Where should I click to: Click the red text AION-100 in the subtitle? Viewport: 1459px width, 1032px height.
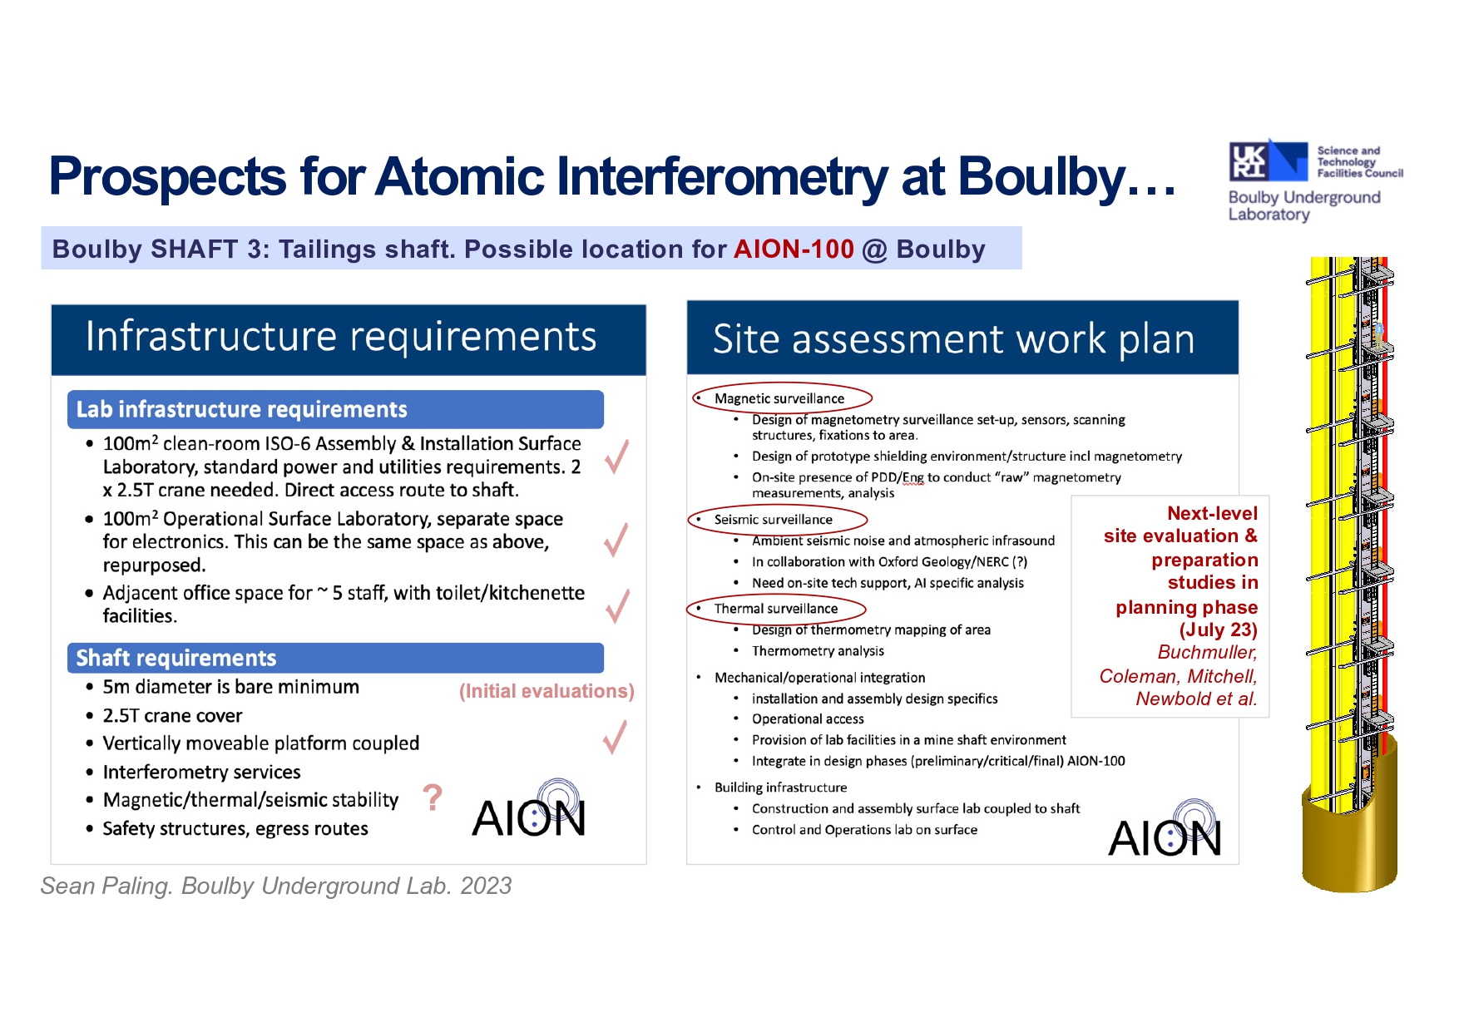pyautogui.click(x=794, y=249)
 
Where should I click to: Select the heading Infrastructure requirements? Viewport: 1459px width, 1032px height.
pyautogui.click(x=341, y=337)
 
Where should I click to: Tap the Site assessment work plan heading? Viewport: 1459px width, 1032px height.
pyautogui.click(x=953, y=339)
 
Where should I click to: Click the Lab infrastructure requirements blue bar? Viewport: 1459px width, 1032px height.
pyautogui.click(x=335, y=409)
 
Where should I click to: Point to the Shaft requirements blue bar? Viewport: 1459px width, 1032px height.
pyautogui.click(x=335, y=658)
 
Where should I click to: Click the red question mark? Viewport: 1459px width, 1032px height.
pyautogui.click(x=433, y=797)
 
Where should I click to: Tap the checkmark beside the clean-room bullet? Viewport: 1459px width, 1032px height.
pyautogui.click(x=616, y=456)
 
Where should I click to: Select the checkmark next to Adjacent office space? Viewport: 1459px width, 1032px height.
pyautogui.click(x=616, y=605)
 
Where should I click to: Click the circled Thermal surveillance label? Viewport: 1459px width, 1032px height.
pyautogui.click(x=776, y=609)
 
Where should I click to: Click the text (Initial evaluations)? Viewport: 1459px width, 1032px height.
pyautogui.click(x=547, y=691)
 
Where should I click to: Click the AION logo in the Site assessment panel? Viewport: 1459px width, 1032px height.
pyautogui.click(x=1165, y=829)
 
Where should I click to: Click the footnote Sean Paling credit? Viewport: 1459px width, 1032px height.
pyautogui.click(x=276, y=886)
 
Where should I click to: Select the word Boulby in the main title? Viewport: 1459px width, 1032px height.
pyautogui.click(x=1042, y=177)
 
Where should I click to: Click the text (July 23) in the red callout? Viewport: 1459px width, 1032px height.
pyautogui.click(x=1218, y=630)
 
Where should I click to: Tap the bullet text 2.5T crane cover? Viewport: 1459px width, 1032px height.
pyautogui.click(x=172, y=715)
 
